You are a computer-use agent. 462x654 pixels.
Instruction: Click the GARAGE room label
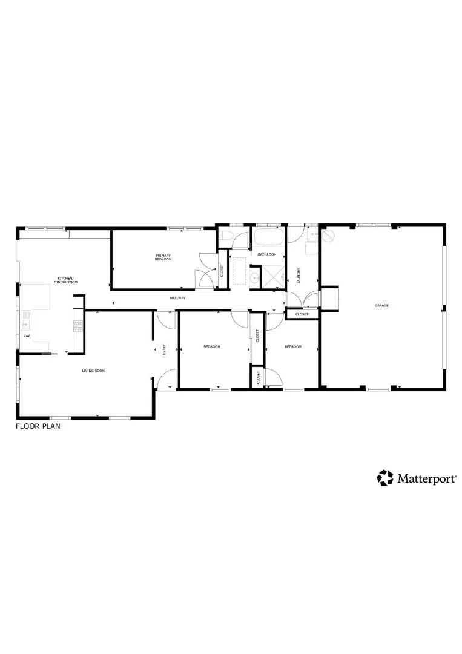(x=381, y=306)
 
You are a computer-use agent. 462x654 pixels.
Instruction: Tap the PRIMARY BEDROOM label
(x=163, y=257)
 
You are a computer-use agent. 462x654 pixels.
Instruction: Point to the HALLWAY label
(x=177, y=299)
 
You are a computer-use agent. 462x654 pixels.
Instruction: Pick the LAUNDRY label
(x=299, y=276)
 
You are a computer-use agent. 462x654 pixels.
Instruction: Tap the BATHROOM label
(x=267, y=254)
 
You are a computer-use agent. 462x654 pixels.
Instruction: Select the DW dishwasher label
(x=27, y=335)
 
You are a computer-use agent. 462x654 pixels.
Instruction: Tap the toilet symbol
(x=223, y=237)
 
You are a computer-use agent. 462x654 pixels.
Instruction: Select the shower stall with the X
(x=276, y=278)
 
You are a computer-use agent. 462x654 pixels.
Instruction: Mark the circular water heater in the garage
(x=327, y=235)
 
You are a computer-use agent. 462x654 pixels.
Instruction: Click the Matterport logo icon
(x=385, y=478)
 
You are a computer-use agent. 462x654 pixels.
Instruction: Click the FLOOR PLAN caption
(x=38, y=426)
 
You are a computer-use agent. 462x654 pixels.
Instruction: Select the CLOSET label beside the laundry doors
(x=301, y=314)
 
